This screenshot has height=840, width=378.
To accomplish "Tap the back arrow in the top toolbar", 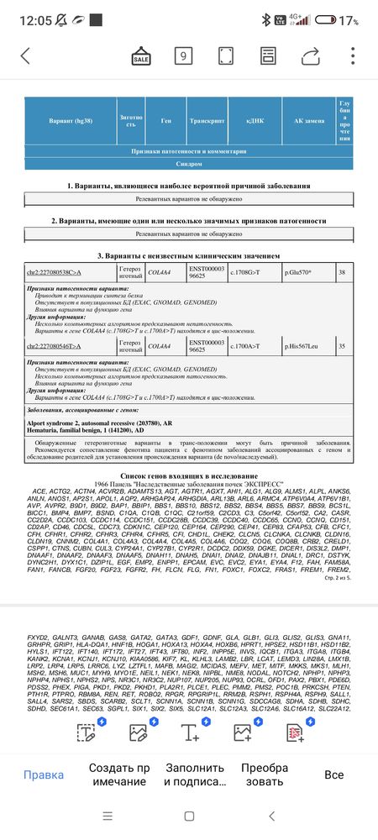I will click(24, 56).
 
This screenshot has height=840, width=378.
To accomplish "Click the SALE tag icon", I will click(141, 56).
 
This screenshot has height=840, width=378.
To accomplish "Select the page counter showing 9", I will click(182, 56).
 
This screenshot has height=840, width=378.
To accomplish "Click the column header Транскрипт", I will click(204, 121).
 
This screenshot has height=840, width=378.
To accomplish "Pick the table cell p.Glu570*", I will click(298, 273).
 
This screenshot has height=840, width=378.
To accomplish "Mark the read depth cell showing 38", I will click(342, 273).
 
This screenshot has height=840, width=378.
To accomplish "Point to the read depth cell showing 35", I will click(342, 345).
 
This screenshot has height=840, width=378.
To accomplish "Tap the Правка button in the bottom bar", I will click(43, 774).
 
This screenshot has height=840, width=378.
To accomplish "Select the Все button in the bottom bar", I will click(334, 774).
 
